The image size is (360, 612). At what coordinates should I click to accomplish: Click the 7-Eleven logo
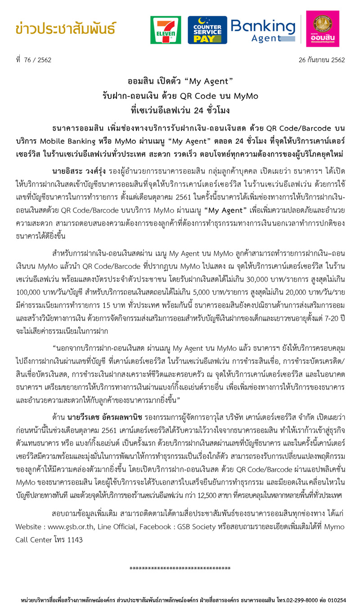click(166, 30)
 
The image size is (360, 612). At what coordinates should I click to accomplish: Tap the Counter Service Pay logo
click(207, 30)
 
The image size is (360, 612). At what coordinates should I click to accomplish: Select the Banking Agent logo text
click(263, 30)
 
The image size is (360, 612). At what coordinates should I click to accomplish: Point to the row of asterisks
click(180, 569)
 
